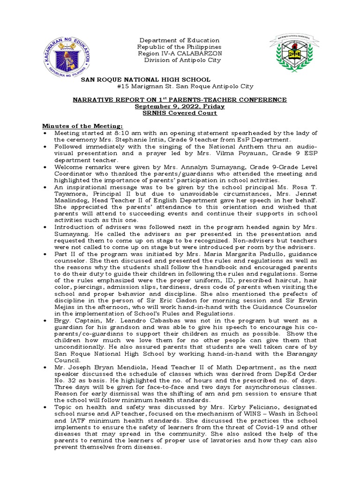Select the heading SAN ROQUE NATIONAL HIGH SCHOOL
pyautogui.click(x=146, y=80)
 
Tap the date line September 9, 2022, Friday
pyautogui.click(x=180, y=106)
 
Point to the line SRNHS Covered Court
pyautogui.click(x=180, y=113)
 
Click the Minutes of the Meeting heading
pyautogui.click(x=83, y=126)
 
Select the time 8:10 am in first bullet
pyautogui.click(x=124, y=133)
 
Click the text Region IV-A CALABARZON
pyautogui.click(x=179, y=53)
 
